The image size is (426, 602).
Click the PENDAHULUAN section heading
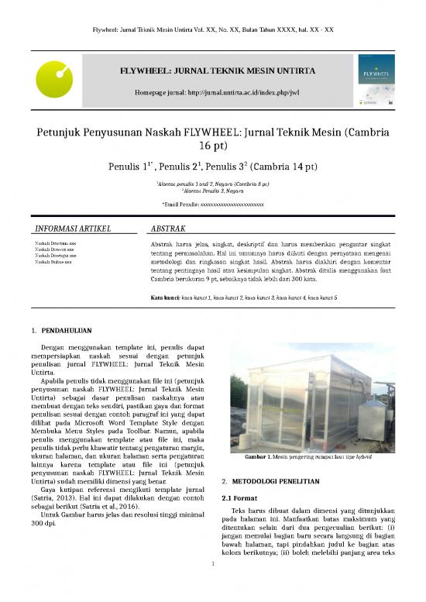point(75,317)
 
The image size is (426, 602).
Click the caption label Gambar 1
point(257,456)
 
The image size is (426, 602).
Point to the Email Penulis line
point(212,205)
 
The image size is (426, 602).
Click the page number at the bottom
point(212,584)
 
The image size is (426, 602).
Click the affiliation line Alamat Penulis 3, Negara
point(213,191)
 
